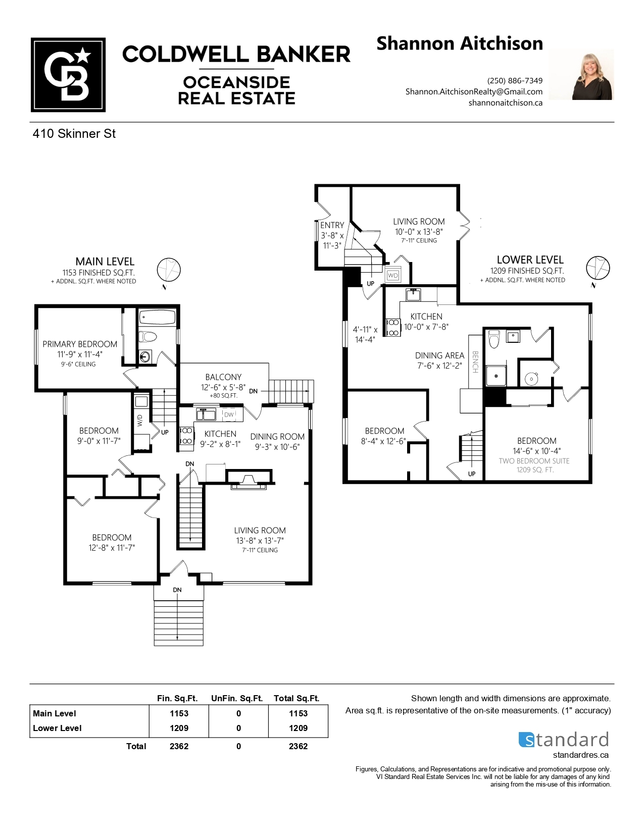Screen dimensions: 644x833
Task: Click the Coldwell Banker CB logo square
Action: [68, 75]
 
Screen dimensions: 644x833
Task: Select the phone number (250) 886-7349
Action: [515, 80]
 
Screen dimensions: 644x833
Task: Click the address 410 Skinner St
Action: [74, 133]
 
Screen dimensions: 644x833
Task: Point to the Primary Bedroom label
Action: [80, 344]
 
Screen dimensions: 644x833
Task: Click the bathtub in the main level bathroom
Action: [157, 317]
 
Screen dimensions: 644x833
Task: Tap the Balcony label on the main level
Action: [223, 377]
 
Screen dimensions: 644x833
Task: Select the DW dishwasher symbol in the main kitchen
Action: [229, 414]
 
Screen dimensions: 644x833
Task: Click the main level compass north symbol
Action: [168, 270]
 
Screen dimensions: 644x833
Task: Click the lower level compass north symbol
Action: [598, 268]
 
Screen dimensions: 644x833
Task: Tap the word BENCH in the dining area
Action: [475, 362]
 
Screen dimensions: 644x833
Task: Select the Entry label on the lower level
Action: [332, 225]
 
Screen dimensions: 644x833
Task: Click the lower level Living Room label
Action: [419, 222]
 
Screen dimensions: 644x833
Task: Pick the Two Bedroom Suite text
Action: [534, 461]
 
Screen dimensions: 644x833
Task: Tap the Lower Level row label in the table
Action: [57, 728]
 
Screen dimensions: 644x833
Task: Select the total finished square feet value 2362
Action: [179, 746]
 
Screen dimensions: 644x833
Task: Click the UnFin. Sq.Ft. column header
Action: [237, 698]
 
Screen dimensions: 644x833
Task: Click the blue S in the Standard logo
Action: [526, 740]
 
